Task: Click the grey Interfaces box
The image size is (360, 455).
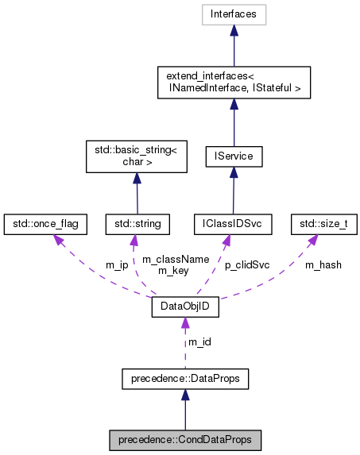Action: point(232,13)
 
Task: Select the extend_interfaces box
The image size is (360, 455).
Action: point(232,82)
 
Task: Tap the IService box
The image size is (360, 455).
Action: point(234,156)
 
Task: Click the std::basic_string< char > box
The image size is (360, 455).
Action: point(136,156)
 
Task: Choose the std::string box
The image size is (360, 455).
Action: point(137,224)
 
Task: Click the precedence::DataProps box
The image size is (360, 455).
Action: point(184,380)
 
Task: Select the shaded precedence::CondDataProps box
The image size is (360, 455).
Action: point(184,439)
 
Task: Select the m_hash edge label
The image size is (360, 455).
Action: point(323,264)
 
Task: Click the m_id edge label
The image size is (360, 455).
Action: point(199,342)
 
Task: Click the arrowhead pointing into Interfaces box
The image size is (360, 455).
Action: point(232,30)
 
